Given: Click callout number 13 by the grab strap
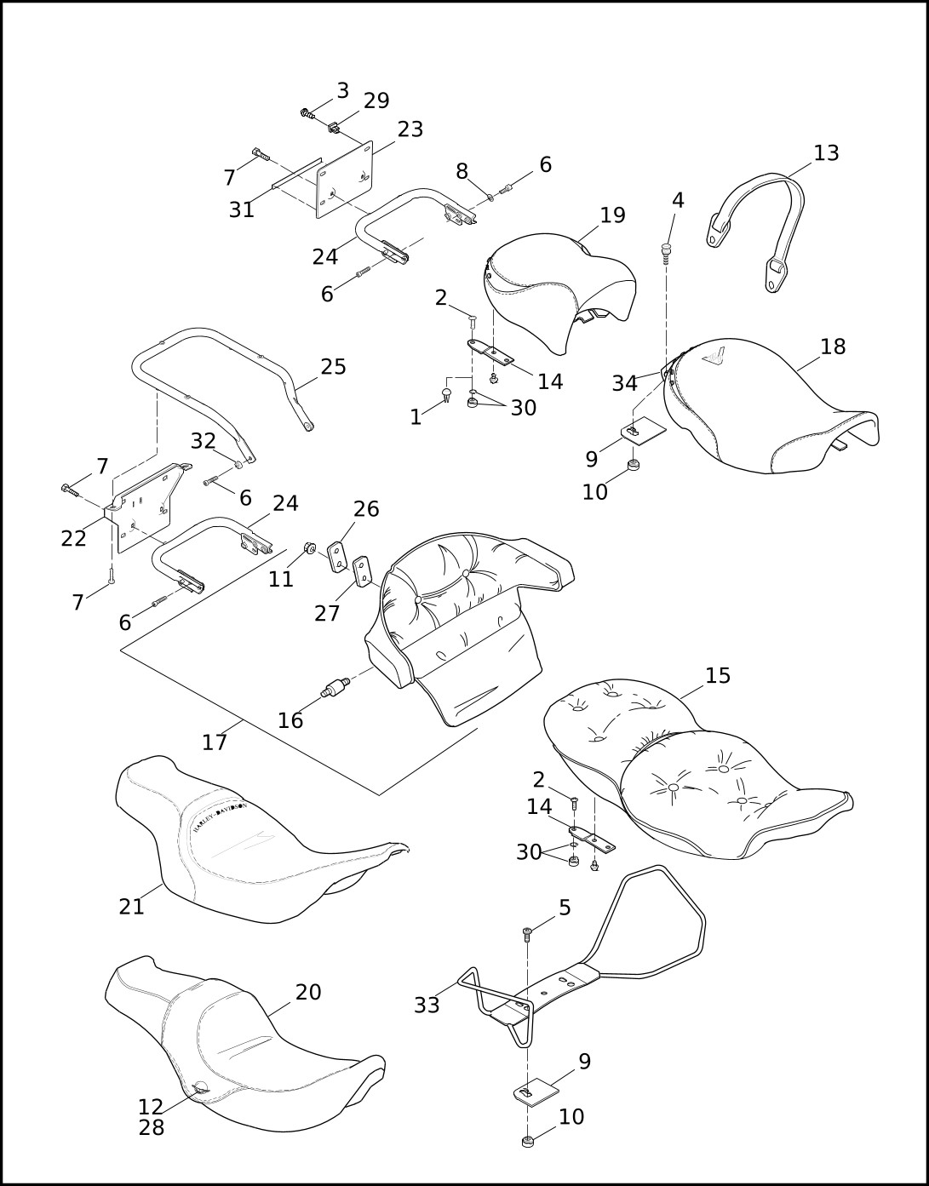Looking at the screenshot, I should point(826,153).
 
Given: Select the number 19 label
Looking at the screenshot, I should point(612,215).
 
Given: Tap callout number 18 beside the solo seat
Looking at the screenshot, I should point(833,347).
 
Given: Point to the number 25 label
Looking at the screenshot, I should point(333,367).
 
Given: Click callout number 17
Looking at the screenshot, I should point(215,742).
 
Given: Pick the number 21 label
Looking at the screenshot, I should point(132,907).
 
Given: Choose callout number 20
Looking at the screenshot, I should point(308,993).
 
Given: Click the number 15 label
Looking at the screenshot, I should point(718,676).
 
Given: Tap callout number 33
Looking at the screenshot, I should point(427,1006).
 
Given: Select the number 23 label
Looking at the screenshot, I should point(410,129).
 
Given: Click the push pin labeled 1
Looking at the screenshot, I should point(445,393).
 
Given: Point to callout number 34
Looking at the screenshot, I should point(624,384).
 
